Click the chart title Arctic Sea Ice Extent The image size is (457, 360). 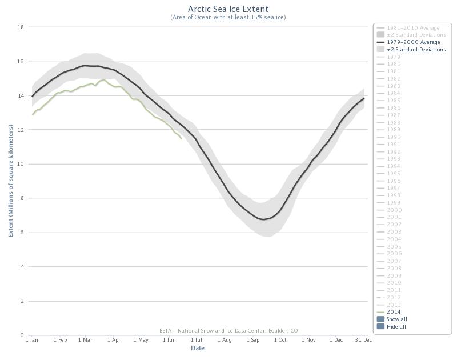(228, 9)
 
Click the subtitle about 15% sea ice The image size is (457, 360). (228, 17)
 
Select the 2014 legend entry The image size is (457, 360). (394, 312)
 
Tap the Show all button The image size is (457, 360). (396, 319)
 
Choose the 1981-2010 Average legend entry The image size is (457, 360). (413, 27)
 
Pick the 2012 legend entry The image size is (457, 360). (394, 298)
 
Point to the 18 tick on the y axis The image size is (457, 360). (21, 27)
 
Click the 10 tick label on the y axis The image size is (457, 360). (21, 164)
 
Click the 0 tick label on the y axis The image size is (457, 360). (22, 335)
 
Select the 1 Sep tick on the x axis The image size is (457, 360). (253, 340)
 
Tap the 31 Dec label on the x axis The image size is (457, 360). (363, 340)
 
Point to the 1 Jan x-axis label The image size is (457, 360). (33, 340)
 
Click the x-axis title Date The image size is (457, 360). (198, 348)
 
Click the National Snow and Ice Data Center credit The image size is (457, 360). (228, 331)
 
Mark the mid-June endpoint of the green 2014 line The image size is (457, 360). (181, 138)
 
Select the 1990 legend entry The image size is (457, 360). (394, 137)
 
